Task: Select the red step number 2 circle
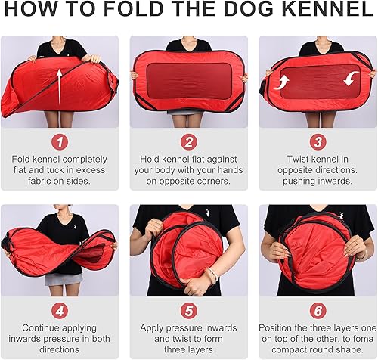pos(189,141)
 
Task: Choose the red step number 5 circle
pos(189,310)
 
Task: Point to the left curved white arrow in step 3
pos(283,82)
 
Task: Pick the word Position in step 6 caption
pos(293,328)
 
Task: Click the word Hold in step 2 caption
pos(153,160)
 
